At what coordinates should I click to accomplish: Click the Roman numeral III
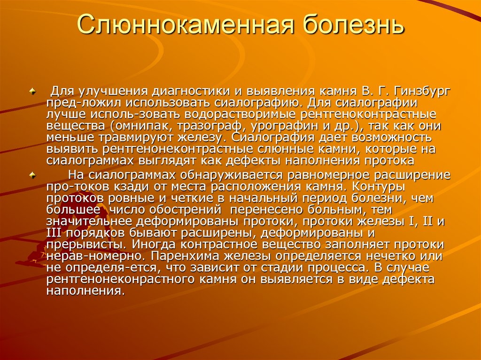(55, 233)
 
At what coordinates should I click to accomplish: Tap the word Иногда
(153, 245)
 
